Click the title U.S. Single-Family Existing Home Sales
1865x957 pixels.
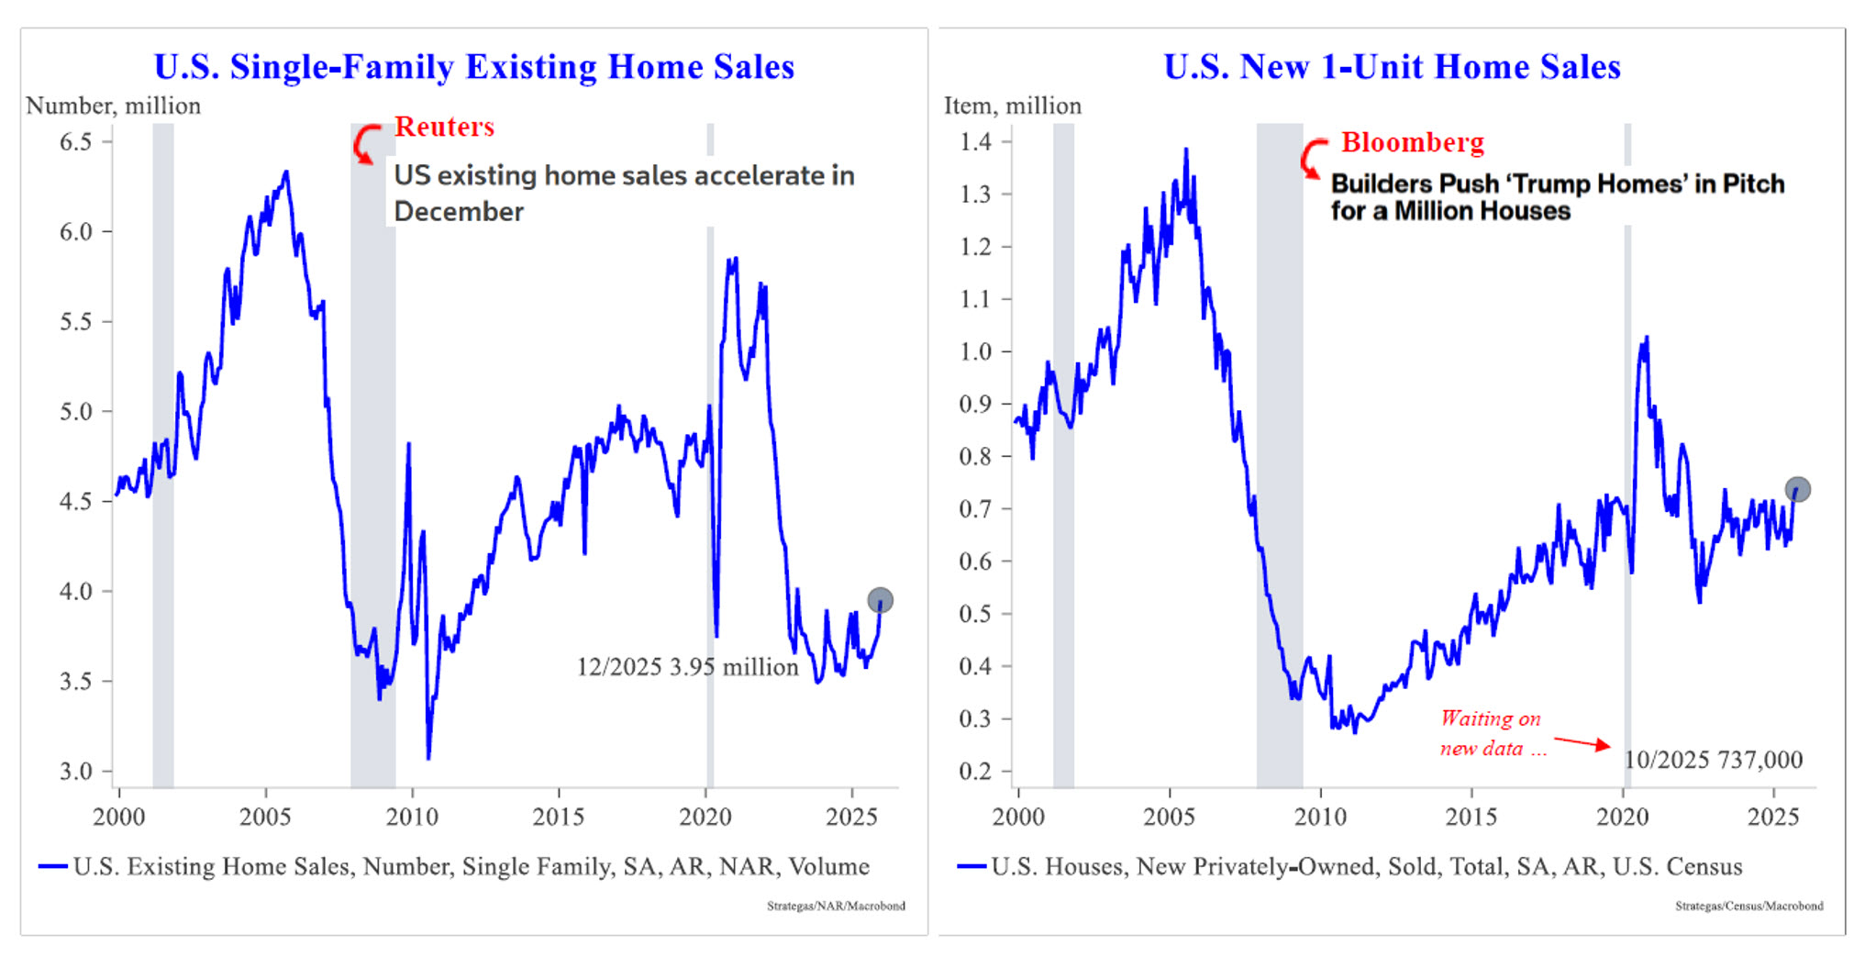pos(473,67)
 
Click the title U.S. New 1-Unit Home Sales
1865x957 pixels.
pos(1392,67)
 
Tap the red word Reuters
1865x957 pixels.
pos(444,127)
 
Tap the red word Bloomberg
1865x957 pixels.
pos(1412,142)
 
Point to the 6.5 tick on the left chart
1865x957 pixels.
pos(76,141)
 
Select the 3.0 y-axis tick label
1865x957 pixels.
pos(76,771)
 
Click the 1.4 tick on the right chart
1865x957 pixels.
pos(975,141)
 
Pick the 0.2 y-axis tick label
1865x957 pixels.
pos(975,771)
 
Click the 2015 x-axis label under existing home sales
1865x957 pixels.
pos(558,817)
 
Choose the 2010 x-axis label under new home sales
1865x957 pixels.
pos(1320,817)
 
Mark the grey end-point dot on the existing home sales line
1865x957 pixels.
pos(880,600)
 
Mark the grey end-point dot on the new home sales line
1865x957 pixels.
pos(1797,489)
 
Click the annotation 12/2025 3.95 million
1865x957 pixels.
pos(687,667)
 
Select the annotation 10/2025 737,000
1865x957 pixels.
pos(1713,760)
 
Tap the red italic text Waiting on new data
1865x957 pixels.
pos(1491,733)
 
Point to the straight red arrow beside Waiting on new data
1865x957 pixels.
pos(1582,741)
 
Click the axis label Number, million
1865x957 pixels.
pos(113,106)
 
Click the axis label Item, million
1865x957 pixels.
pos(1013,106)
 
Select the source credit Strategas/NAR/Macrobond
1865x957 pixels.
pos(836,906)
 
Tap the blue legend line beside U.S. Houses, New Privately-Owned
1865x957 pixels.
pos(971,866)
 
